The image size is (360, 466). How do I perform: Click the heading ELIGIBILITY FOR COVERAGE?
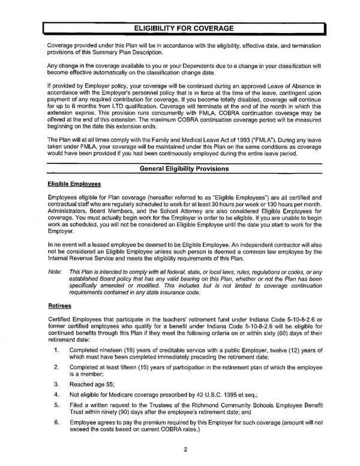pos(185,28)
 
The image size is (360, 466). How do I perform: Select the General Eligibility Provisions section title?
pos(184,169)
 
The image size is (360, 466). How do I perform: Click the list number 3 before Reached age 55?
pos(56,383)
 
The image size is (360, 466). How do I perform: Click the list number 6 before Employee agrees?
pos(56,423)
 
